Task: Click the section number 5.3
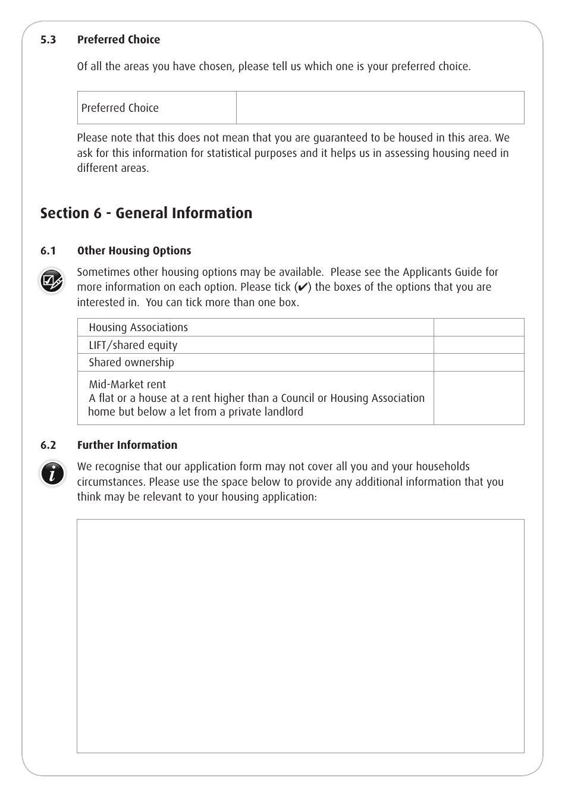point(48,40)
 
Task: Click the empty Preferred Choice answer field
point(380,108)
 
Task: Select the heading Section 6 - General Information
point(146,213)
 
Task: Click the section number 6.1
point(48,251)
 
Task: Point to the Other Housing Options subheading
point(134,251)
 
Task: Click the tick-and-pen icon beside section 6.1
point(52,281)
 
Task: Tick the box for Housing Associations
point(478,328)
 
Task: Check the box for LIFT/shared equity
point(478,345)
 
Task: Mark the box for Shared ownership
point(478,363)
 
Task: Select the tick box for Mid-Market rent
point(478,398)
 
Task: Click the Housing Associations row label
point(138,328)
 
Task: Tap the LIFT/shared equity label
point(133,345)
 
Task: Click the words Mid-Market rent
point(127,385)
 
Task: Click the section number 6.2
point(48,445)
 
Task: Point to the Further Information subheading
point(127,445)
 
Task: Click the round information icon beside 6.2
point(52,474)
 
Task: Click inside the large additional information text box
point(300,636)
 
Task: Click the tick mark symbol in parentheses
point(302,287)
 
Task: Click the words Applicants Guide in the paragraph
point(442,272)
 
